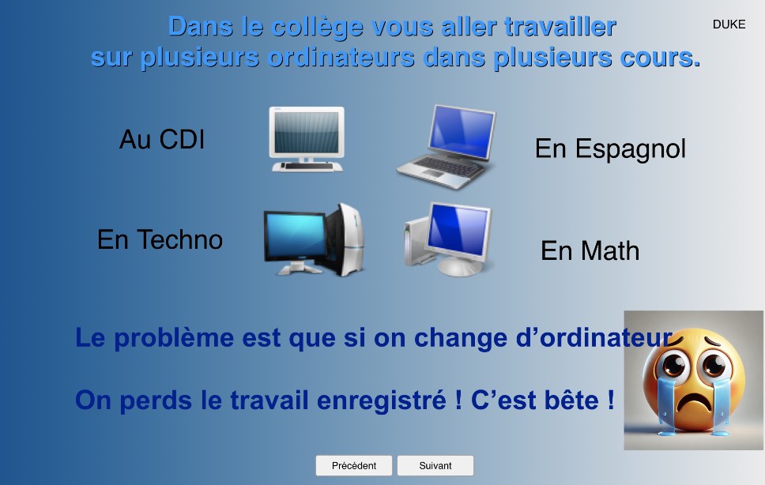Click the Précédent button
pos(354,465)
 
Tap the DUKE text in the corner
pos(729,24)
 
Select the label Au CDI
pos(162,139)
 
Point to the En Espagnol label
pos(610,149)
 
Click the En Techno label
pos(160,239)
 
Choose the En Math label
pos(590,250)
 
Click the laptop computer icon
pos(447,146)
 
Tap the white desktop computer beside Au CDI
pos(307,139)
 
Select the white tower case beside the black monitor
pos(348,240)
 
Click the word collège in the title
pos(317,26)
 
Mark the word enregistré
pos(382,400)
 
